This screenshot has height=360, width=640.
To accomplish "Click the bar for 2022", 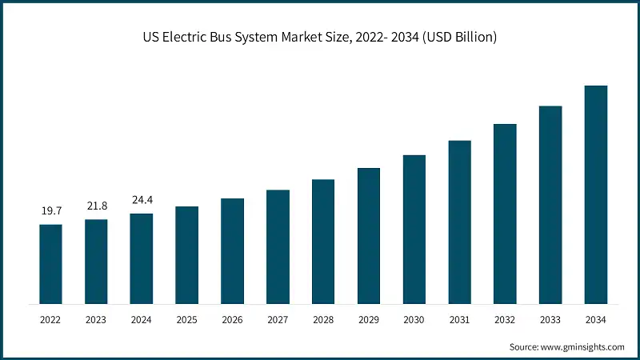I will tap(50, 264).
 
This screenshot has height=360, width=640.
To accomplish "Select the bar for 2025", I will tap(187, 255).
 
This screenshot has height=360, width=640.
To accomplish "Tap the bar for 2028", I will tap(323, 242).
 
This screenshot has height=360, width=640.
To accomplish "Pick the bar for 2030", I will tap(414, 230).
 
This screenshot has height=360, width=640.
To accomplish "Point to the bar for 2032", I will tap(505, 214).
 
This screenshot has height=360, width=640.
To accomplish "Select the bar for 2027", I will tap(278, 246).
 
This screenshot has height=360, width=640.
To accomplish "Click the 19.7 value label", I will tap(50, 212).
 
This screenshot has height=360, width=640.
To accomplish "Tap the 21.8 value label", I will tap(96, 206).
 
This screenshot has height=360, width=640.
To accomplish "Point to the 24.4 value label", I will tap(142, 201).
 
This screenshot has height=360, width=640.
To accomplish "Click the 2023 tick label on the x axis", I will tap(96, 320).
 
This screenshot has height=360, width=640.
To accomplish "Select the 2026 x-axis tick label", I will tap(232, 320).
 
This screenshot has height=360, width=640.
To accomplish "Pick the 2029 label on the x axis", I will tap(369, 320).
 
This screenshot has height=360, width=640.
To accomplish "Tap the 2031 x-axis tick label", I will tap(459, 320).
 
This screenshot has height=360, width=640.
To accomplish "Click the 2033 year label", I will tap(550, 320).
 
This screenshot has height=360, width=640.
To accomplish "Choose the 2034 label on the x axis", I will tap(596, 320).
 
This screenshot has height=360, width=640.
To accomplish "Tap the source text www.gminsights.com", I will tap(583, 346).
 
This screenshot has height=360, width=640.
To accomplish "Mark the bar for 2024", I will tap(142, 258).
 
